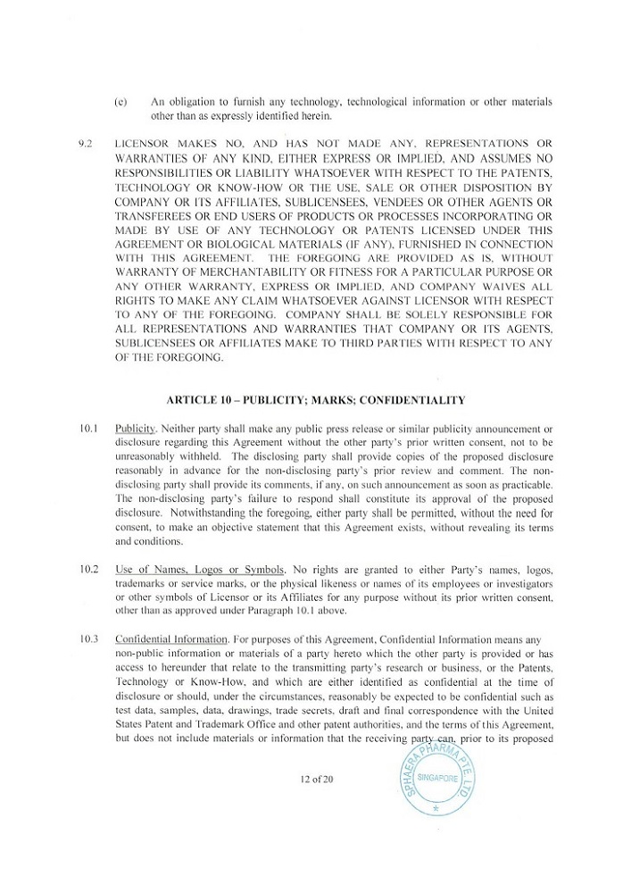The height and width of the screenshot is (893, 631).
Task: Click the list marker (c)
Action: pyautogui.click(x=120, y=101)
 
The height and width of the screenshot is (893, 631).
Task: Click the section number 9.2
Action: pyautogui.click(x=87, y=143)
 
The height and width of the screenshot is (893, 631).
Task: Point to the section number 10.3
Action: pyautogui.click(x=87, y=638)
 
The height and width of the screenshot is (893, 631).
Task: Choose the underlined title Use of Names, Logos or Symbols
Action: pyautogui.click(x=200, y=569)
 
